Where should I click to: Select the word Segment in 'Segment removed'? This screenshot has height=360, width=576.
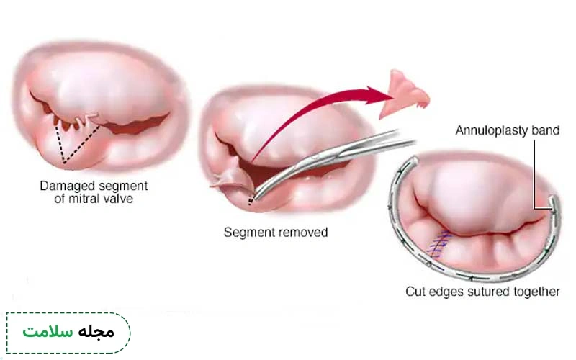[248, 233]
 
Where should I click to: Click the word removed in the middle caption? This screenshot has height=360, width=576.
[301, 233]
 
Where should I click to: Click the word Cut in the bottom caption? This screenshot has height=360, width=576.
[415, 292]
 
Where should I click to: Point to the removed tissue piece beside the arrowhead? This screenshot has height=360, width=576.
[404, 94]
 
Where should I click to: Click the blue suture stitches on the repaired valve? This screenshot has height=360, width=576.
[438, 244]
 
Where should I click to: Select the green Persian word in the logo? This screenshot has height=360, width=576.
[48, 331]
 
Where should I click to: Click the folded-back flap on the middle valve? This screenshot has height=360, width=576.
[230, 175]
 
